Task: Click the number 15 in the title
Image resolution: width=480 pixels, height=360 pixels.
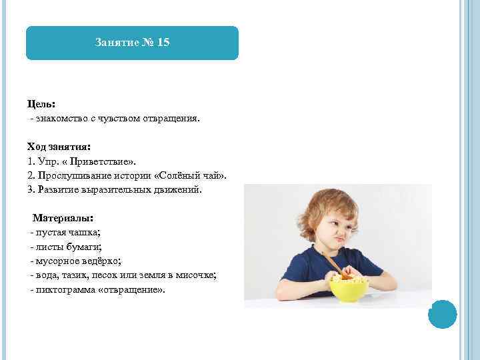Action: click(164, 43)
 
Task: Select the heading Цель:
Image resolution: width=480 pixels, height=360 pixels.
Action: click(41, 105)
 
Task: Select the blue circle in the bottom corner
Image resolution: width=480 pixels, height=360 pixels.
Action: click(442, 315)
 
